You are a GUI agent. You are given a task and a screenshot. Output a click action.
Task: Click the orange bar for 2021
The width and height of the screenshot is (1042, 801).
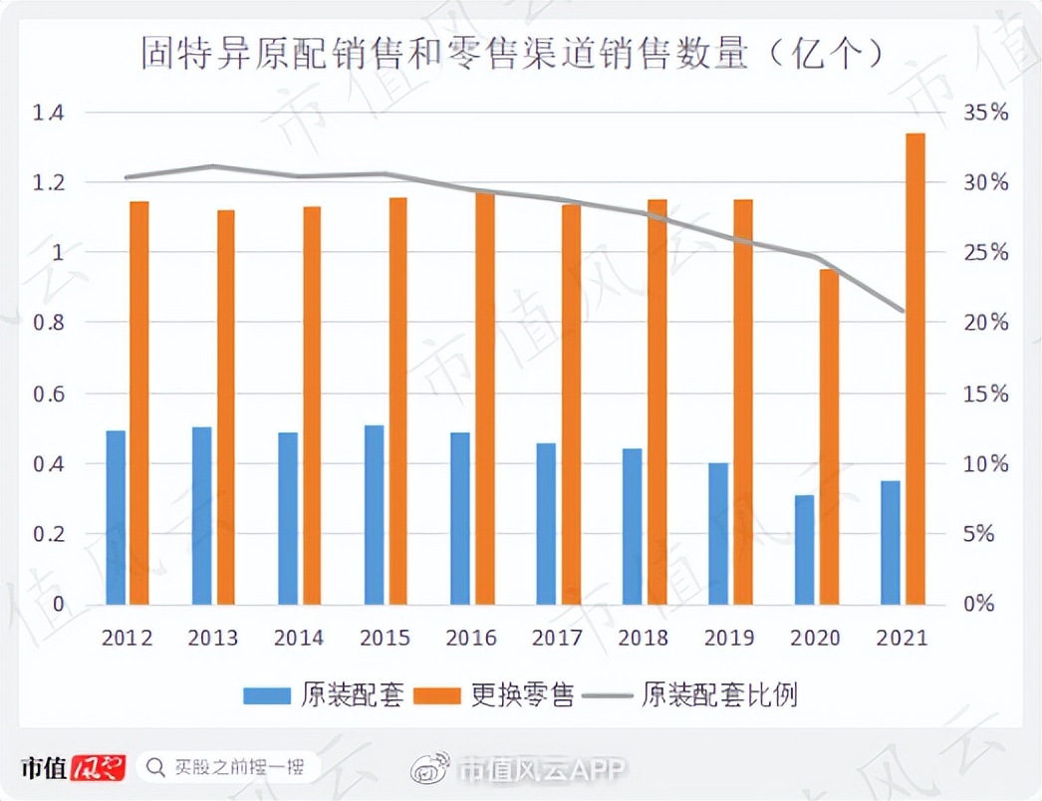click(915, 369)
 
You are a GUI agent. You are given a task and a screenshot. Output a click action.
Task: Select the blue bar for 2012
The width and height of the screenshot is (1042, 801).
click(116, 517)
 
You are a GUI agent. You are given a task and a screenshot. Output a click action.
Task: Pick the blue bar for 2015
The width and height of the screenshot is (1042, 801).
click(375, 514)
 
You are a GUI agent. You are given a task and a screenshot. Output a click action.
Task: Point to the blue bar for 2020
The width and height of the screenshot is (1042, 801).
click(804, 549)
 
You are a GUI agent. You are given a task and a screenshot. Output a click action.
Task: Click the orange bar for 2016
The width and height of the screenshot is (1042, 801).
click(485, 399)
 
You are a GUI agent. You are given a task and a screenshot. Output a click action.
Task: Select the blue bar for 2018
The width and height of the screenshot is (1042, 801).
click(633, 526)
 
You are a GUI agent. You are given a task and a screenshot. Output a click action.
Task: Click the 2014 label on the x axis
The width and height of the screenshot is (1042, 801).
click(299, 638)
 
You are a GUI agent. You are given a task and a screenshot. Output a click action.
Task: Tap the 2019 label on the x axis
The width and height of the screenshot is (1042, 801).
click(730, 638)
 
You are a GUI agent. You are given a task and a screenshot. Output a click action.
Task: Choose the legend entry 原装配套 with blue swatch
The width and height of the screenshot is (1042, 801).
click(324, 695)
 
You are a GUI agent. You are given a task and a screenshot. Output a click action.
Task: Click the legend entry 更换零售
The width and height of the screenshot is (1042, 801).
click(496, 695)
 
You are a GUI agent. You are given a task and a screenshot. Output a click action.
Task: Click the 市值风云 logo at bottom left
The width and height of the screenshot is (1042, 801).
click(73, 768)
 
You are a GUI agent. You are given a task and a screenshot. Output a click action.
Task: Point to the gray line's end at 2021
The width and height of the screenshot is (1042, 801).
click(904, 311)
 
